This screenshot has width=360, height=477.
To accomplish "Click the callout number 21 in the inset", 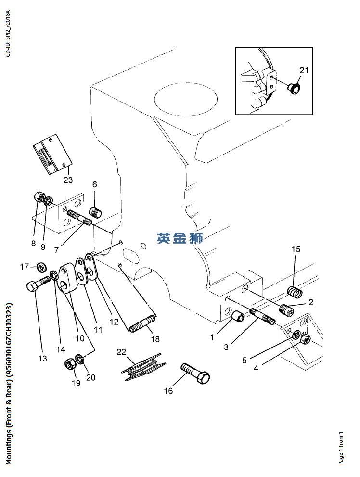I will tap(304, 70).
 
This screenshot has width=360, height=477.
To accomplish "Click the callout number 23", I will tap(67, 180).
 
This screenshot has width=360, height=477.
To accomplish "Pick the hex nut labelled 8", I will tap(40, 197).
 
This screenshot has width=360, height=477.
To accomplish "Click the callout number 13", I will tap(43, 358).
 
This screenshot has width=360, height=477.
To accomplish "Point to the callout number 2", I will tap(311, 302).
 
